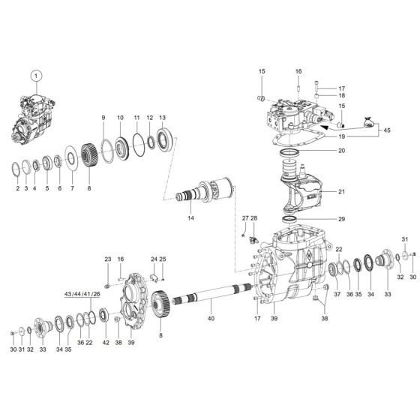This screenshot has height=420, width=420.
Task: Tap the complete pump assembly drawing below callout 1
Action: pos(32,120)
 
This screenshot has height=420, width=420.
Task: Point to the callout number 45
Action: pos(387,130)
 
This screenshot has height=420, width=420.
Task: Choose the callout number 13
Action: pos(162,118)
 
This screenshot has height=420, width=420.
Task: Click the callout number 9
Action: pos(103,118)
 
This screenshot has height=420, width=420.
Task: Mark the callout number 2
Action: pos(17,188)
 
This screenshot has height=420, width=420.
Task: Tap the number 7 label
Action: pos(72,188)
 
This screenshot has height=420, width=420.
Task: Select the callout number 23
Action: pos(107,259)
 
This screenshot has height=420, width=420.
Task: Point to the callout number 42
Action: pos(106,342)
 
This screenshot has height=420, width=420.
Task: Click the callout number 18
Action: pos(320,96)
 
